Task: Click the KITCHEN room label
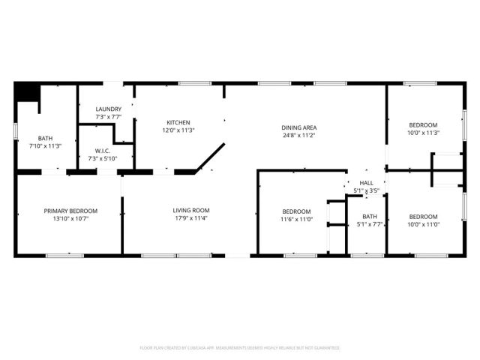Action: coord(178,122)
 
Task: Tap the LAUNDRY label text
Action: coord(108,109)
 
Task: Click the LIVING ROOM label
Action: coord(191,211)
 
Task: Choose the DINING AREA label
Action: coord(298,127)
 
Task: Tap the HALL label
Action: coord(366,182)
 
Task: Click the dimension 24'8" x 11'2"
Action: coord(298,136)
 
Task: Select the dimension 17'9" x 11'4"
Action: coord(191,219)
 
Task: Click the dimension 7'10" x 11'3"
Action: coord(45,146)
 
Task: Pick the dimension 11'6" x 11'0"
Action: coord(296,219)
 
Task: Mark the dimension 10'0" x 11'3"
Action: coord(424,133)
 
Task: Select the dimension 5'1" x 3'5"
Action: coord(366,190)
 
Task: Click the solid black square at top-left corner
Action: coord(27,91)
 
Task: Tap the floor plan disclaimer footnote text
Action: coord(240,348)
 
